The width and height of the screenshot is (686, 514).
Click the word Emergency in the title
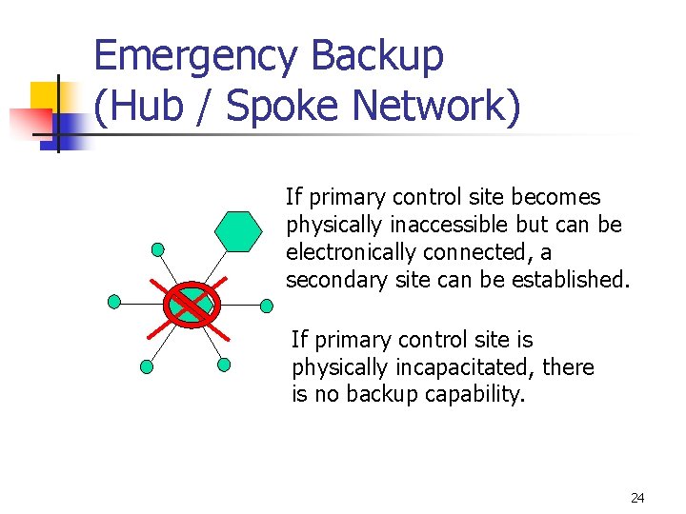[x=200, y=57]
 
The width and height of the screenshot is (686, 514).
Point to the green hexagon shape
[x=237, y=230]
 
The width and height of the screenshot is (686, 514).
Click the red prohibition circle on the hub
[x=192, y=305]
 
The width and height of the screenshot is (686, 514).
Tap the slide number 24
[x=637, y=498]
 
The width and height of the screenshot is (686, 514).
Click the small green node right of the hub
[x=266, y=306]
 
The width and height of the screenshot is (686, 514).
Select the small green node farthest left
[x=114, y=303]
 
